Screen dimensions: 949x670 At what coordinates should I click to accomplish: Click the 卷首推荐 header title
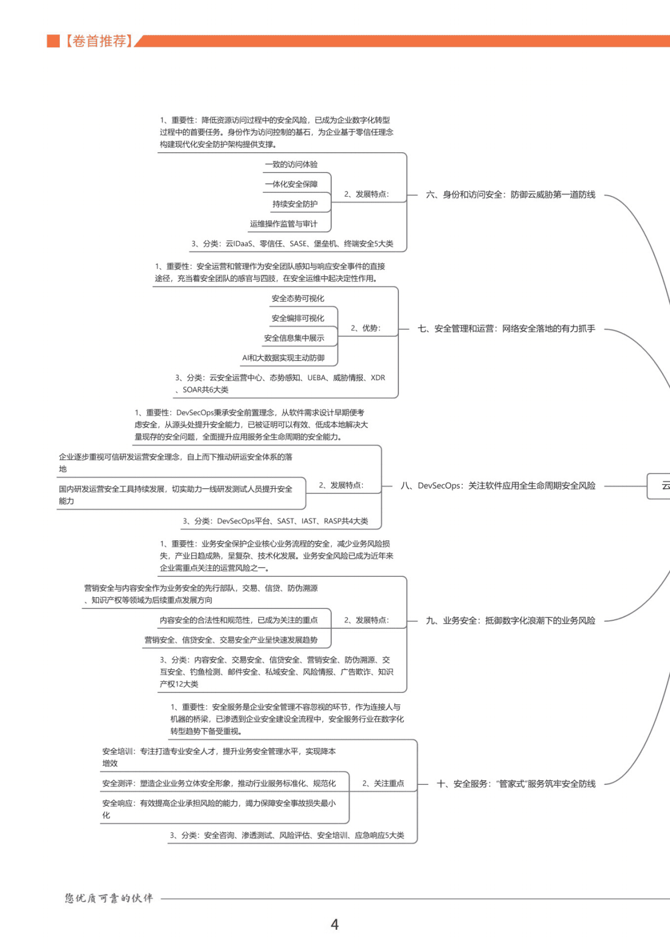(x=99, y=41)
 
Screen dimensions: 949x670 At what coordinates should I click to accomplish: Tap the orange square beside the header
(x=53, y=41)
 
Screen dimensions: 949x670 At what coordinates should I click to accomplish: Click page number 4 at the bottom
(x=335, y=924)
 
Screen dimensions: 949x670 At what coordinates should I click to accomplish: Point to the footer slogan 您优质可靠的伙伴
(x=109, y=898)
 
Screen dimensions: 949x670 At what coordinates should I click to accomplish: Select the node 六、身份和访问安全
(x=511, y=195)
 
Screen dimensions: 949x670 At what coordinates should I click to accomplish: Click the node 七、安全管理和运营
(x=506, y=328)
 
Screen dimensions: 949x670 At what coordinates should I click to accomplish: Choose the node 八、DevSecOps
(x=498, y=485)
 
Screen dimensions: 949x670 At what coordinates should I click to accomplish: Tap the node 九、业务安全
(x=511, y=620)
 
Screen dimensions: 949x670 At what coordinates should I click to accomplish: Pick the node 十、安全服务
(x=516, y=784)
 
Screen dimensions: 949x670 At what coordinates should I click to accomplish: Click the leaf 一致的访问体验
(x=291, y=164)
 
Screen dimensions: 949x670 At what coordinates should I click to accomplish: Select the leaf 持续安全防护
(x=295, y=204)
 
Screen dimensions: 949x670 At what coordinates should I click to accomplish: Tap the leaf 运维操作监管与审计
(x=283, y=224)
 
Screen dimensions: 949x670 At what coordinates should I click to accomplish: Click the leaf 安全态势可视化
(x=298, y=298)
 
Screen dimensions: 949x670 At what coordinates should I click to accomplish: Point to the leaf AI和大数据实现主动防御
(x=283, y=357)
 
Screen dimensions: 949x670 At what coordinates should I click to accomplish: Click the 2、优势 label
(x=366, y=328)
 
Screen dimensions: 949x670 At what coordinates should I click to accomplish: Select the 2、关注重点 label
(x=383, y=783)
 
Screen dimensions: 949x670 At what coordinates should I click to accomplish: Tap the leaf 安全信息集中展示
(x=294, y=338)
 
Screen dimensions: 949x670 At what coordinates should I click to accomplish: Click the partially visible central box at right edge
(x=659, y=485)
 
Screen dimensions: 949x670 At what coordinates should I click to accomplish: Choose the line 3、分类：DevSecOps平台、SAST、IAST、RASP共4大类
(x=275, y=521)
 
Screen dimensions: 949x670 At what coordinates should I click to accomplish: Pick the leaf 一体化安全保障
(x=291, y=184)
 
